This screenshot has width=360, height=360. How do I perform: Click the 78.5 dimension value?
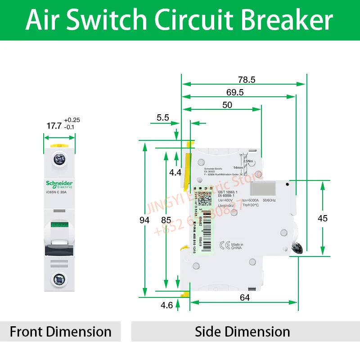(x=247, y=80)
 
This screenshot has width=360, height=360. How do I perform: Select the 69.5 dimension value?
(x=235, y=92)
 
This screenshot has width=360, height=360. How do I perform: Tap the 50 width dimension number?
(x=227, y=104)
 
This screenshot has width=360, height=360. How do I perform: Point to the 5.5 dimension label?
(x=163, y=117)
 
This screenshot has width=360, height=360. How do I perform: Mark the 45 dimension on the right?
(x=335, y=218)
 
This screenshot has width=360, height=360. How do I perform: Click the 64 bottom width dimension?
(x=245, y=297)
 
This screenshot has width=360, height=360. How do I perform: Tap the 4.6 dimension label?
(x=166, y=305)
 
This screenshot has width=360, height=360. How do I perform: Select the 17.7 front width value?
(x=54, y=126)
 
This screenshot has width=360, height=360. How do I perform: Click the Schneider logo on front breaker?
(x=59, y=184)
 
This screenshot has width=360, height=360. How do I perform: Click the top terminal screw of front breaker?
(x=59, y=159)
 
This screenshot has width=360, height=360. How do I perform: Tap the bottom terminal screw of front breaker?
(x=59, y=279)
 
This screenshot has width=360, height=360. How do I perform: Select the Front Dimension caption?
(x=61, y=332)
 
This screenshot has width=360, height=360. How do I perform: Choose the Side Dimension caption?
(x=242, y=332)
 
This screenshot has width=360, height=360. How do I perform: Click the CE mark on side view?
(x=224, y=245)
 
